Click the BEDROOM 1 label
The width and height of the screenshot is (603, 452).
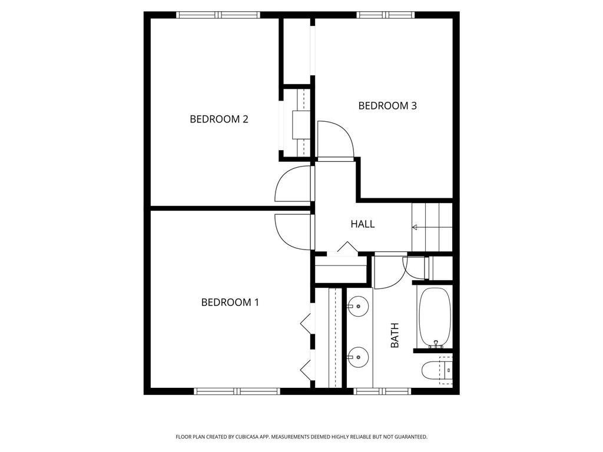click(x=230, y=303)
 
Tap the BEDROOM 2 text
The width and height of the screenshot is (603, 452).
click(x=218, y=119)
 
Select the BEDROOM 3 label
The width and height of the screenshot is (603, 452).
click(x=387, y=106)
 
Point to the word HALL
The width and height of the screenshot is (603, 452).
click(x=362, y=224)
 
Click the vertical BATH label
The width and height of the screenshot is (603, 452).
click(x=395, y=335)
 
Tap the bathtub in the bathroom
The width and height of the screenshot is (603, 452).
click(x=435, y=318)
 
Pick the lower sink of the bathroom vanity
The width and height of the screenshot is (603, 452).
click(x=357, y=357)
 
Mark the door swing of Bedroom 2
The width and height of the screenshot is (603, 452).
click(x=292, y=184)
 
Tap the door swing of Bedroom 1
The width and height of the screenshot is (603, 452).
click(x=292, y=231)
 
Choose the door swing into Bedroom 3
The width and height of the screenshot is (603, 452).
click(x=334, y=139)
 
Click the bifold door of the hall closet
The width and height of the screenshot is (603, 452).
click(x=347, y=248)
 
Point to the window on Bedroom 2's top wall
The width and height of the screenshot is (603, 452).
click(x=218, y=15)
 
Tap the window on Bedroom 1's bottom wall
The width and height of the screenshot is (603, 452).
click(x=237, y=391)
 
